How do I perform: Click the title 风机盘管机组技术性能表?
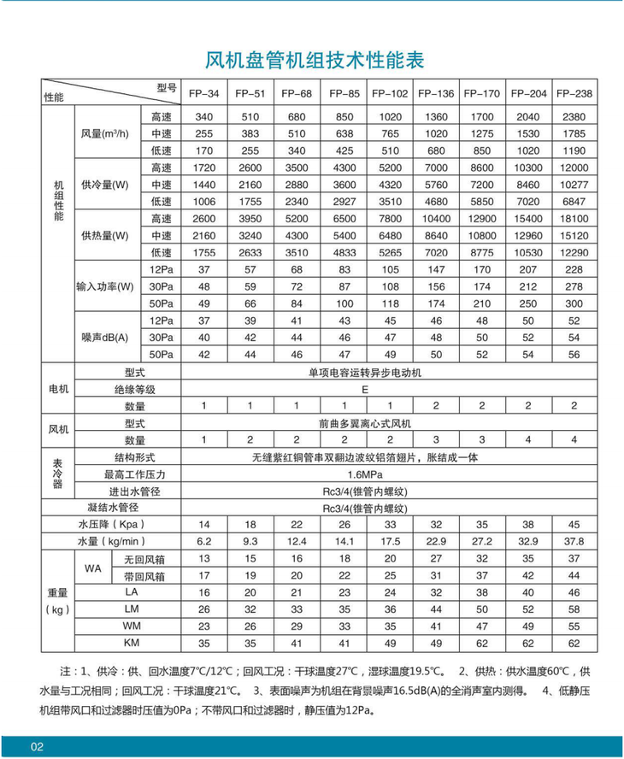pos(315,61)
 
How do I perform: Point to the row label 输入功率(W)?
pos(104,286)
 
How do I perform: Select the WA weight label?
pos(92,568)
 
